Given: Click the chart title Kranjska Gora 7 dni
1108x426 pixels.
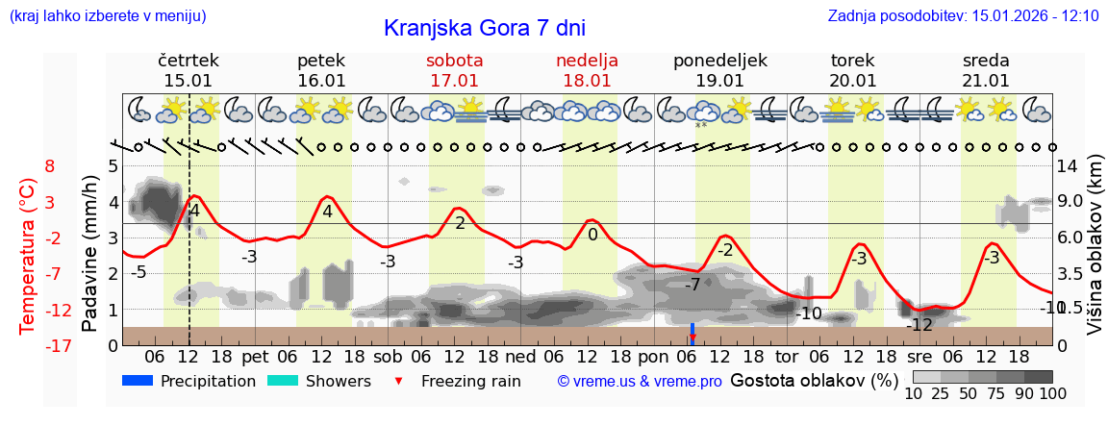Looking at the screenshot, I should [x=484, y=28].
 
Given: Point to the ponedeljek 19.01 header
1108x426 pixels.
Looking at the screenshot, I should [x=719, y=70].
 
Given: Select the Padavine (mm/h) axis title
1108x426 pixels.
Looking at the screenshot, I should [x=90, y=254].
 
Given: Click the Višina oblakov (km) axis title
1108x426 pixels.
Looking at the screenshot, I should [x=1094, y=254].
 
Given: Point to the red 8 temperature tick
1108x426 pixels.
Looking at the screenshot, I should [x=50, y=166].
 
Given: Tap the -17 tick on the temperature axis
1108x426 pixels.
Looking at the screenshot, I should [x=35, y=345].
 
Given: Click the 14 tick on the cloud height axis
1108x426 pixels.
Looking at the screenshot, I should [x=1068, y=166].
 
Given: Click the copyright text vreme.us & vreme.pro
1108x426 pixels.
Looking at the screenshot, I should [x=640, y=381].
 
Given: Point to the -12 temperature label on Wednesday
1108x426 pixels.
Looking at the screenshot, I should [x=920, y=325].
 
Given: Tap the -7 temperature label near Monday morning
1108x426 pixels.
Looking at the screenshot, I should [x=692, y=285].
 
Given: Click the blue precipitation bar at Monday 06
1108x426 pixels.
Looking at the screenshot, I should [x=692, y=332].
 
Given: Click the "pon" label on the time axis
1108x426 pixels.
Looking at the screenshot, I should [x=653, y=355].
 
